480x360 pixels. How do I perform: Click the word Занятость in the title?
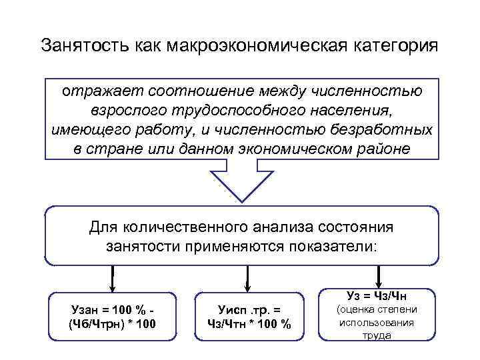click(78, 46)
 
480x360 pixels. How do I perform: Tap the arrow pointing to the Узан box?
click(113, 277)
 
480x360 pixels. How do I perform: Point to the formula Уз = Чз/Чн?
click(377, 295)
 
